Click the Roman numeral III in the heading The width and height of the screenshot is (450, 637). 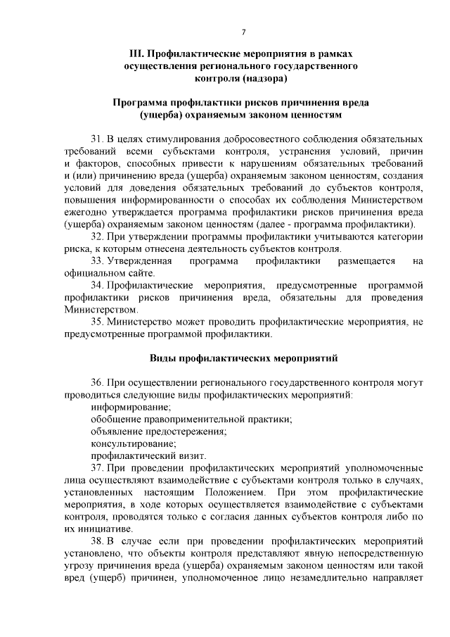pyautogui.click(x=137, y=53)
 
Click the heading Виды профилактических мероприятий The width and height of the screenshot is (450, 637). pyautogui.click(x=243, y=358)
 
